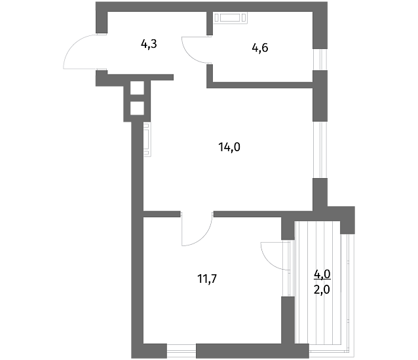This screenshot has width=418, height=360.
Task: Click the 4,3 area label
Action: point(149,45)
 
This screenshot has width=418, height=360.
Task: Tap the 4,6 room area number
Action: point(260,48)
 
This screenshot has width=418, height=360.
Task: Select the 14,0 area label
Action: point(229,147)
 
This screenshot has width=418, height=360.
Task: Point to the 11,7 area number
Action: point(207,279)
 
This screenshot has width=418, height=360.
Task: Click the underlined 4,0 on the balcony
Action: point(322,274)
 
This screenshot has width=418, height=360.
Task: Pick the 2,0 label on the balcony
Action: point(322,289)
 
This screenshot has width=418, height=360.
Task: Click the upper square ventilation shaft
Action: point(137,88)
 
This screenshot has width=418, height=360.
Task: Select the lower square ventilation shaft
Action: point(137,108)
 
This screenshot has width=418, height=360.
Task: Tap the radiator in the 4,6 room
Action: point(231,18)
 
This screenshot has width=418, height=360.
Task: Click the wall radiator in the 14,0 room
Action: point(147,139)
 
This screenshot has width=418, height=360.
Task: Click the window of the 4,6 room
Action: point(320,60)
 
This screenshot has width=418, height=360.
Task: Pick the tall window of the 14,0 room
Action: point(320,150)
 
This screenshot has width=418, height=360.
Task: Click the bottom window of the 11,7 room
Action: point(181,351)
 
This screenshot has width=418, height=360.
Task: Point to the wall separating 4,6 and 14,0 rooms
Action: point(259,85)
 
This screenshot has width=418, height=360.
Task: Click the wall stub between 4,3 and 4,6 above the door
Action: point(210,24)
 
